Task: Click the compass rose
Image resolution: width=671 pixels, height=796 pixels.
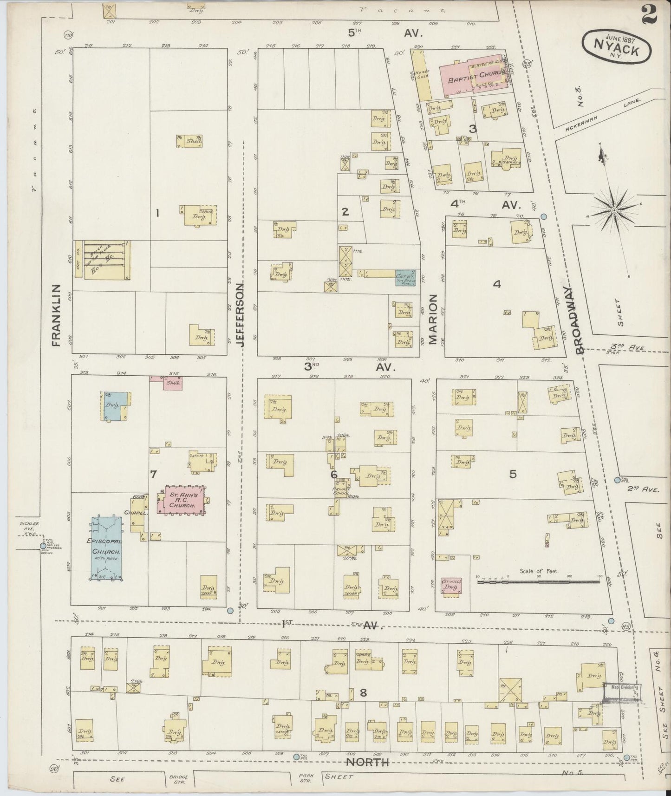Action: click(x=614, y=210)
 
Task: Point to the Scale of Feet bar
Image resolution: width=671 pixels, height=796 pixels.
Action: click(x=539, y=580)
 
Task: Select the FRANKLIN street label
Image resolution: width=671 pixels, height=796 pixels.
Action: click(x=56, y=315)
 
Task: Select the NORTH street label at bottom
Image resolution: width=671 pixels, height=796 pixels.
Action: click(x=367, y=763)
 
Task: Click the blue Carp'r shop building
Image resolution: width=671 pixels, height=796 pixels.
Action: click(x=404, y=278)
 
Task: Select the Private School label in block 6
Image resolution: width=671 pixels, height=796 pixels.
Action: click(x=344, y=490)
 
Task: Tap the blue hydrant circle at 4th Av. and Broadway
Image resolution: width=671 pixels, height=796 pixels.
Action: click(x=543, y=216)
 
